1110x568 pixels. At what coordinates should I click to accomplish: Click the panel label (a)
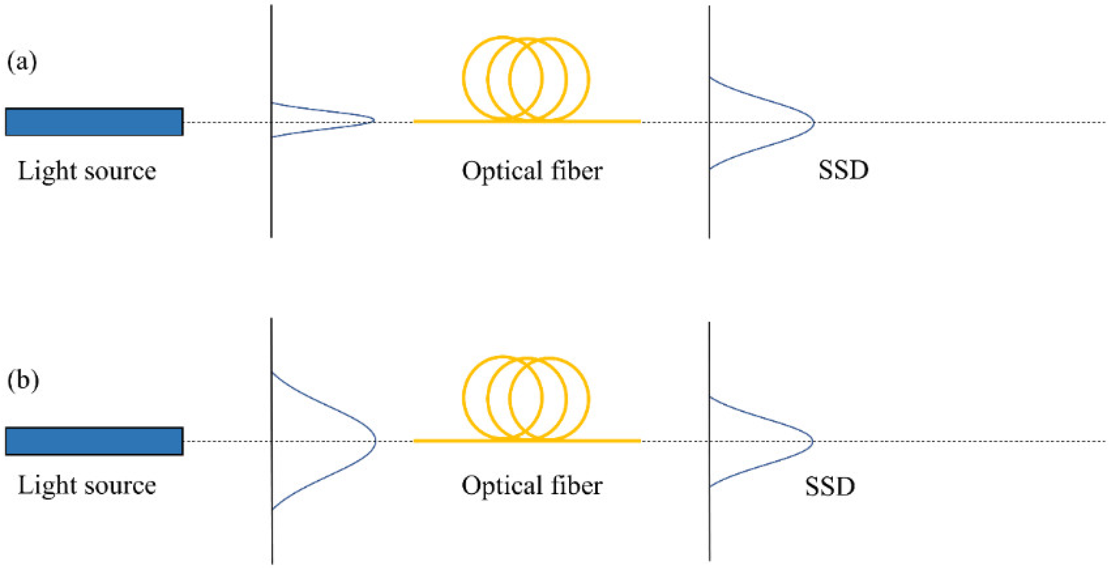pos(22,62)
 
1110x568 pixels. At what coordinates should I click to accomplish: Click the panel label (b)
pos(23,380)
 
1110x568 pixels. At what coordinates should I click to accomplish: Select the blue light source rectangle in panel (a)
pos(94,122)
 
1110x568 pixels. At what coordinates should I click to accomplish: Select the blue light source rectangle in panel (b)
pos(94,441)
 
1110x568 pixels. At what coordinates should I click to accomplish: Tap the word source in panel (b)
pos(121,486)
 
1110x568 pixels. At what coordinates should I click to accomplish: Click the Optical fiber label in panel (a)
pos(531,171)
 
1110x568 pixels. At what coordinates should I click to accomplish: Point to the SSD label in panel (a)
pos(843,170)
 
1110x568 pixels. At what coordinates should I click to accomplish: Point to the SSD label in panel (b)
pos(830,486)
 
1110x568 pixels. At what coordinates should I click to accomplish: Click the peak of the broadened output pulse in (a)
pos(813,122)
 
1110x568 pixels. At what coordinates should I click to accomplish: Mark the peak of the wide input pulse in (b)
pos(375,441)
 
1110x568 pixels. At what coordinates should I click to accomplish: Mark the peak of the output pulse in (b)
pos(812,441)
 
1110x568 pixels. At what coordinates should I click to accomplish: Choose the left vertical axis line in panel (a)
pos(271,191)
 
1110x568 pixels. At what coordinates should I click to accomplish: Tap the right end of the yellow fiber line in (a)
pos(639,122)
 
